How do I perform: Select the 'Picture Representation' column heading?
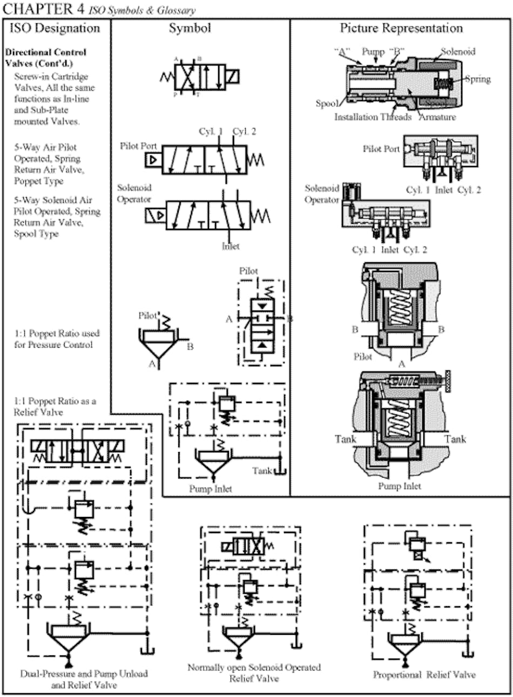[401, 28]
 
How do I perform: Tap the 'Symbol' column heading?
[190, 28]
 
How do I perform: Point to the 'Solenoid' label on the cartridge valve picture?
[458, 51]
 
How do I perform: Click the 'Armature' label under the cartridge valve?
[437, 117]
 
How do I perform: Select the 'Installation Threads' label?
[373, 117]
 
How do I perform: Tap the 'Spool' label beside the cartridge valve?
[327, 103]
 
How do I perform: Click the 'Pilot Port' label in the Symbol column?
[139, 146]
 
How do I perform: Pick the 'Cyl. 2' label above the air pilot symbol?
[244, 132]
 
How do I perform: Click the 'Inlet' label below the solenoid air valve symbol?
[231, 246]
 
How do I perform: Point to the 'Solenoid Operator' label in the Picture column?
[322, 194]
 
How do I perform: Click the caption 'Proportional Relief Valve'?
[424, 674]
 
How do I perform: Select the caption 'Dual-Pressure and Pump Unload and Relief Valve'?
[84, 679]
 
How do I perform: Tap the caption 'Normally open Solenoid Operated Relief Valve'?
[254, 673]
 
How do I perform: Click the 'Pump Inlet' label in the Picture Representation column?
[400, 486]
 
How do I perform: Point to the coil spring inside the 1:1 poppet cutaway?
[400, 307]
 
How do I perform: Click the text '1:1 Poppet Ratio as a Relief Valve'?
[55, 407]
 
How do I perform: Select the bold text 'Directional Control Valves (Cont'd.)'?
[45, 58]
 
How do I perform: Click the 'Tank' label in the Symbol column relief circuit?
[262, 470]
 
